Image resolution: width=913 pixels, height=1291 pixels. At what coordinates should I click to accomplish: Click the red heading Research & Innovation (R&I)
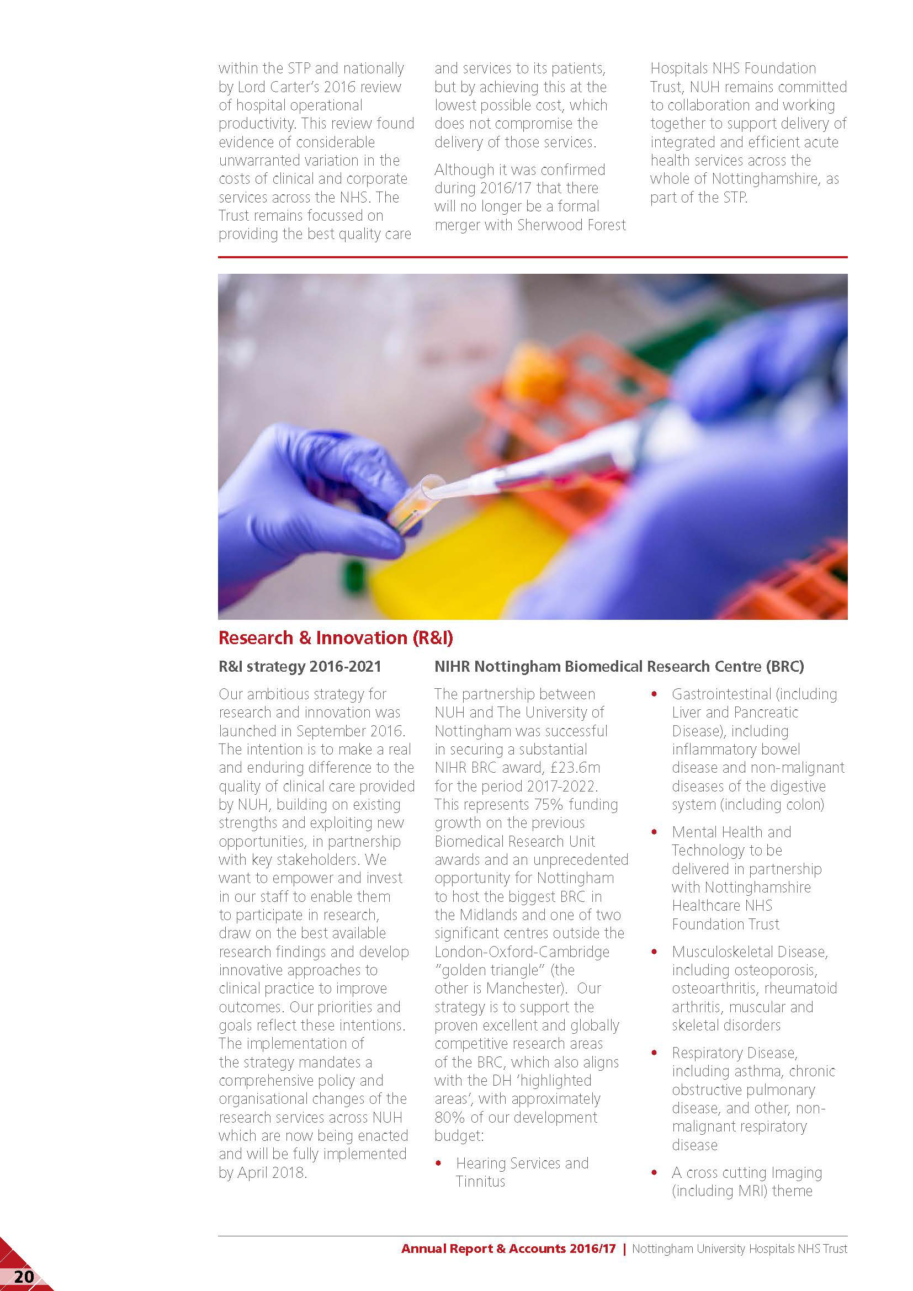[x=335, y=637]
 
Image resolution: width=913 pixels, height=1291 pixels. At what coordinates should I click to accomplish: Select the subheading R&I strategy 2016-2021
[x=300, y=666]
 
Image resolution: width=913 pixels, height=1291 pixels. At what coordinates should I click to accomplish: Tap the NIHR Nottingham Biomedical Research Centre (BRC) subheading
[x=619, y=666]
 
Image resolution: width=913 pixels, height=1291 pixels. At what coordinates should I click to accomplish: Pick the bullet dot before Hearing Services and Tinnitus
[x=438, y=1163]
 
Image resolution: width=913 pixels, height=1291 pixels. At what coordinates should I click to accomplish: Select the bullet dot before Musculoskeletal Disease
[x=654, y=952]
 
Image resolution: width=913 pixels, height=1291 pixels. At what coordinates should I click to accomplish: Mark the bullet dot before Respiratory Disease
[x=654, y=1053]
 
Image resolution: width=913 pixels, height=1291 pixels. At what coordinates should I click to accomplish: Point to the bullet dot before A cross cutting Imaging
[x=654, y=1173]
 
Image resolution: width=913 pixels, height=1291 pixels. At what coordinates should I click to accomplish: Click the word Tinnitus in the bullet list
[x=480, y=1181]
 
